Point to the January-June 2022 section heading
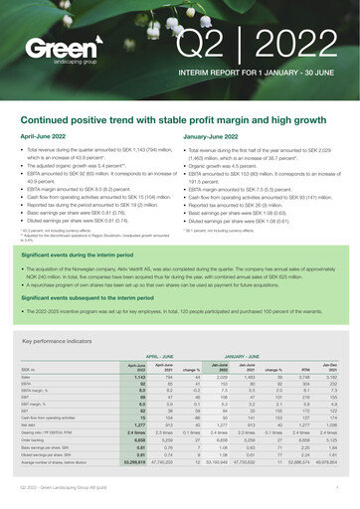pyautogui.click(x=219, y=137)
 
